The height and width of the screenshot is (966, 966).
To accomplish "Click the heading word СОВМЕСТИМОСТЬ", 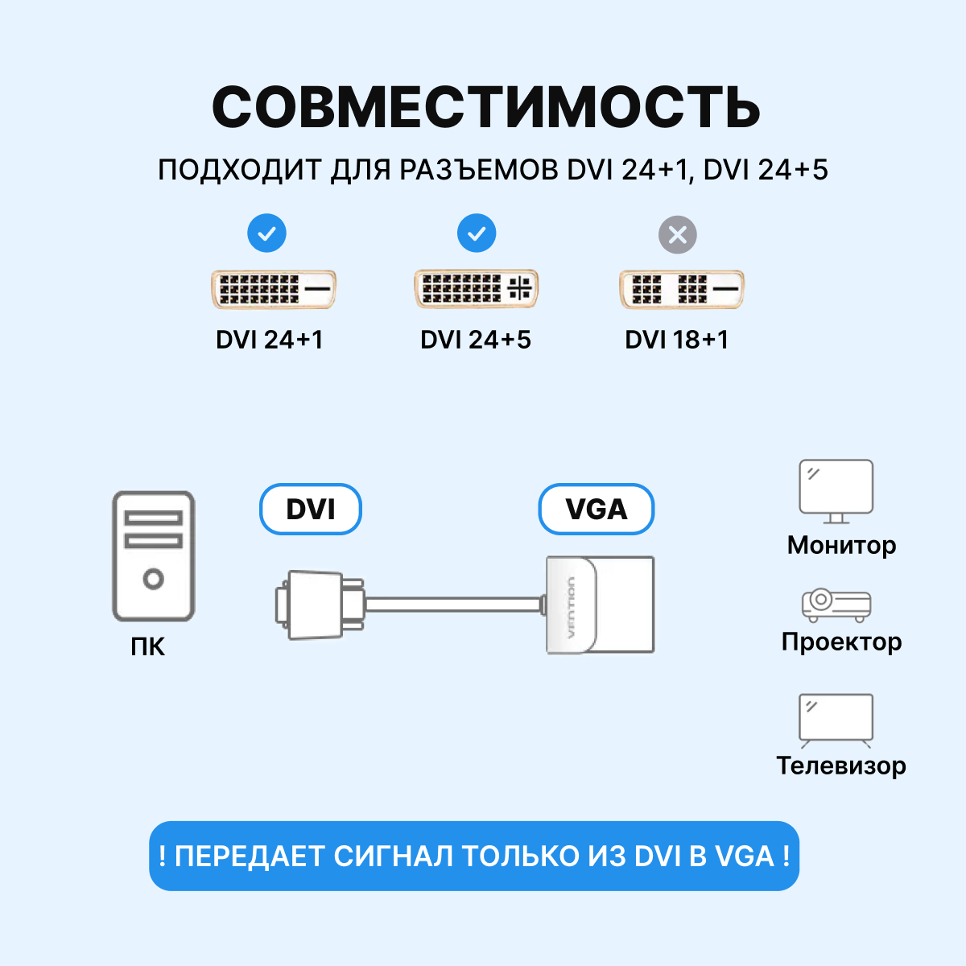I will (x=485, y=107).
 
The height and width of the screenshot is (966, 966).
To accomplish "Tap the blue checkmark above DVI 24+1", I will (x=266, y=234).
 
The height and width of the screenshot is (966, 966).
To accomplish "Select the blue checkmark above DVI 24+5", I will (x=477, y=234).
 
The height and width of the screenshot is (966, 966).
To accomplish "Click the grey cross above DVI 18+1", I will (x=678, y=235).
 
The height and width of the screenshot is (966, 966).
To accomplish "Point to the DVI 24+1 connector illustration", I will (x=273, y=289).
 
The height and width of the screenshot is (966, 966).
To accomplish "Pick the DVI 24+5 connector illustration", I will (x=476, y=289).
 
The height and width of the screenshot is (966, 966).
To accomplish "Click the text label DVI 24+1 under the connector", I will (x=269, y=340).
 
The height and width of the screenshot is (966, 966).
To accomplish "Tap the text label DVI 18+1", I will (x=676, y=340).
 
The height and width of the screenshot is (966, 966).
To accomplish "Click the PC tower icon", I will (x=153, y=556).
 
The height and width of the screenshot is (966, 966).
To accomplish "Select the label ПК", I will (x=148, y=646).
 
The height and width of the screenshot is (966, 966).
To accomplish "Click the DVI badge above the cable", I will (x=311, y=510).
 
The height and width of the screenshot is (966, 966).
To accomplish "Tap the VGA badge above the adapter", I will (x=596, y=510).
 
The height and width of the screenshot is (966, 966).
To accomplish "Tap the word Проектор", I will (x=841, y=642).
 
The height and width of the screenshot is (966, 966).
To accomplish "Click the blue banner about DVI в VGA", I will (x=474, y=856).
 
